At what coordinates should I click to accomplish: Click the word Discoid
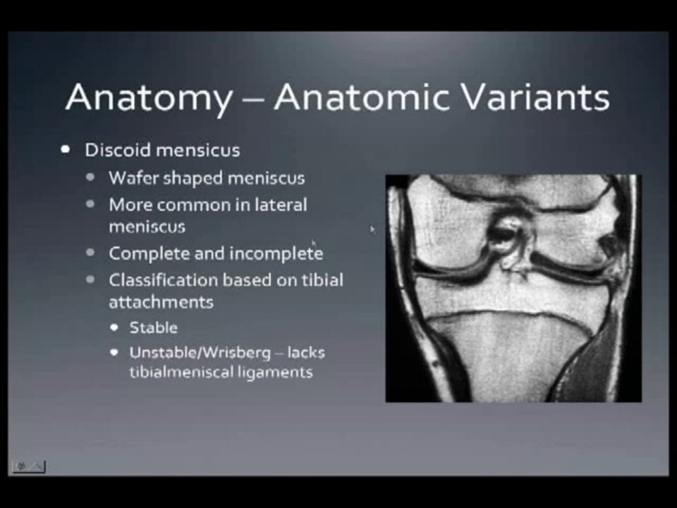click(x=117, y=150)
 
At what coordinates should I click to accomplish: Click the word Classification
click(x=163, y=280)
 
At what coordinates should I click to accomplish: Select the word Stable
click(x=153, y=327)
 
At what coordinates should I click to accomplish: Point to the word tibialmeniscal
click(x=183, y=371)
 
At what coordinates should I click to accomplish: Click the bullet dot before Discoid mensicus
click(x=66, y=150)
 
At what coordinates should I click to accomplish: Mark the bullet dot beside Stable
click(x=114, y=328)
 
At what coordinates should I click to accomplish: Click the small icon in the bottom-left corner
click(x=29, y=466)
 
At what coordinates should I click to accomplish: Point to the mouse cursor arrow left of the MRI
click(x=372, y=229)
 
